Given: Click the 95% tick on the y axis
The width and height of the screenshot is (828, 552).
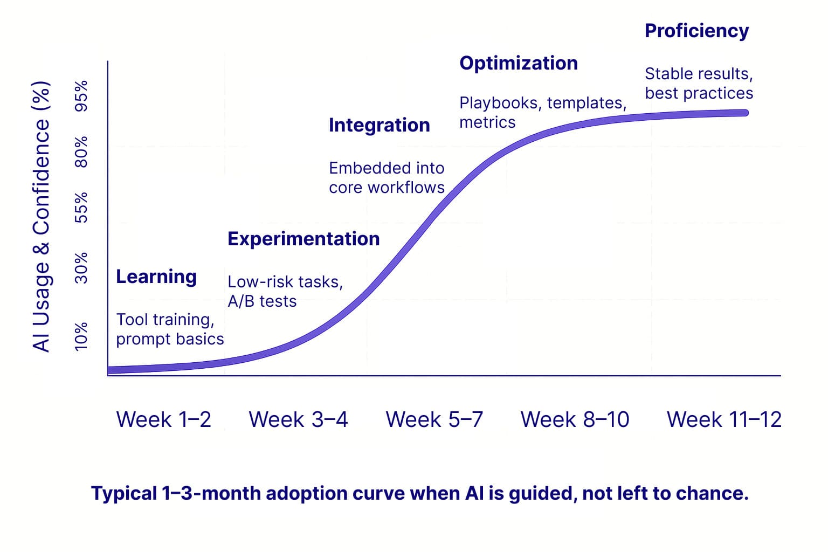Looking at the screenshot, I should click(x=81, y=96).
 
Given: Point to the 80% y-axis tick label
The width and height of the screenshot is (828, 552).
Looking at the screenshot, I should click(x=81, y=151).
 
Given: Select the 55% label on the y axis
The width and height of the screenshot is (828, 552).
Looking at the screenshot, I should click(x=81, y=208).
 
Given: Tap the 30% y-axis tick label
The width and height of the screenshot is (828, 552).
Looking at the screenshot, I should click(x=81, y=268).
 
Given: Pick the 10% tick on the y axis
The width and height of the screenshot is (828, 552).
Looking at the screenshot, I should click(x=81, y=336).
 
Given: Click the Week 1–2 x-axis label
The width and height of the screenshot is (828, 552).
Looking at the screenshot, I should click(x=163, y=419).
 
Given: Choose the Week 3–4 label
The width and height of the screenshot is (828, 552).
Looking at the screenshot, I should click(x=298, y=419).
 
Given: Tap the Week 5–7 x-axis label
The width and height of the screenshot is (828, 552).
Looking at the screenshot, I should click(x=434, y=419).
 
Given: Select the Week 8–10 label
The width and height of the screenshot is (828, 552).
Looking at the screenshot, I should click(x=575, y=419).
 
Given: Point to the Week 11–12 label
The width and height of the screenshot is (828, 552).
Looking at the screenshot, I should click(x=724, y=419).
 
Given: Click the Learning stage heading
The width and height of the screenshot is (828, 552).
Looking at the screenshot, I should click(x=156, y=277).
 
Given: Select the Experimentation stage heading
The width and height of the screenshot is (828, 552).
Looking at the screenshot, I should click(x=303, y=239).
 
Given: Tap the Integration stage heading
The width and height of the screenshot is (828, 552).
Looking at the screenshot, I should click(x=379, y=125).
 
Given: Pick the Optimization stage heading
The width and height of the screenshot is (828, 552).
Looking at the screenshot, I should click(x=519, y=63).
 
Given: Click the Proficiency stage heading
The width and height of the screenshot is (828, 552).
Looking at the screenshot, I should click(x=696, y=31).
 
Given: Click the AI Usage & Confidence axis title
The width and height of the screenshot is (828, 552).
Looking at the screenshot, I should click(x=42, y=217).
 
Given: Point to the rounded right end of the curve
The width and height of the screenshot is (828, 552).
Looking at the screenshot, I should click(x=744, y=113).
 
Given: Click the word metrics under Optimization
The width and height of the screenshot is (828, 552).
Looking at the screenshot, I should click(x=487, y=122).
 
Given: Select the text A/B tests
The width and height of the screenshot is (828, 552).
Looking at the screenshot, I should click(x=262, y=301).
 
